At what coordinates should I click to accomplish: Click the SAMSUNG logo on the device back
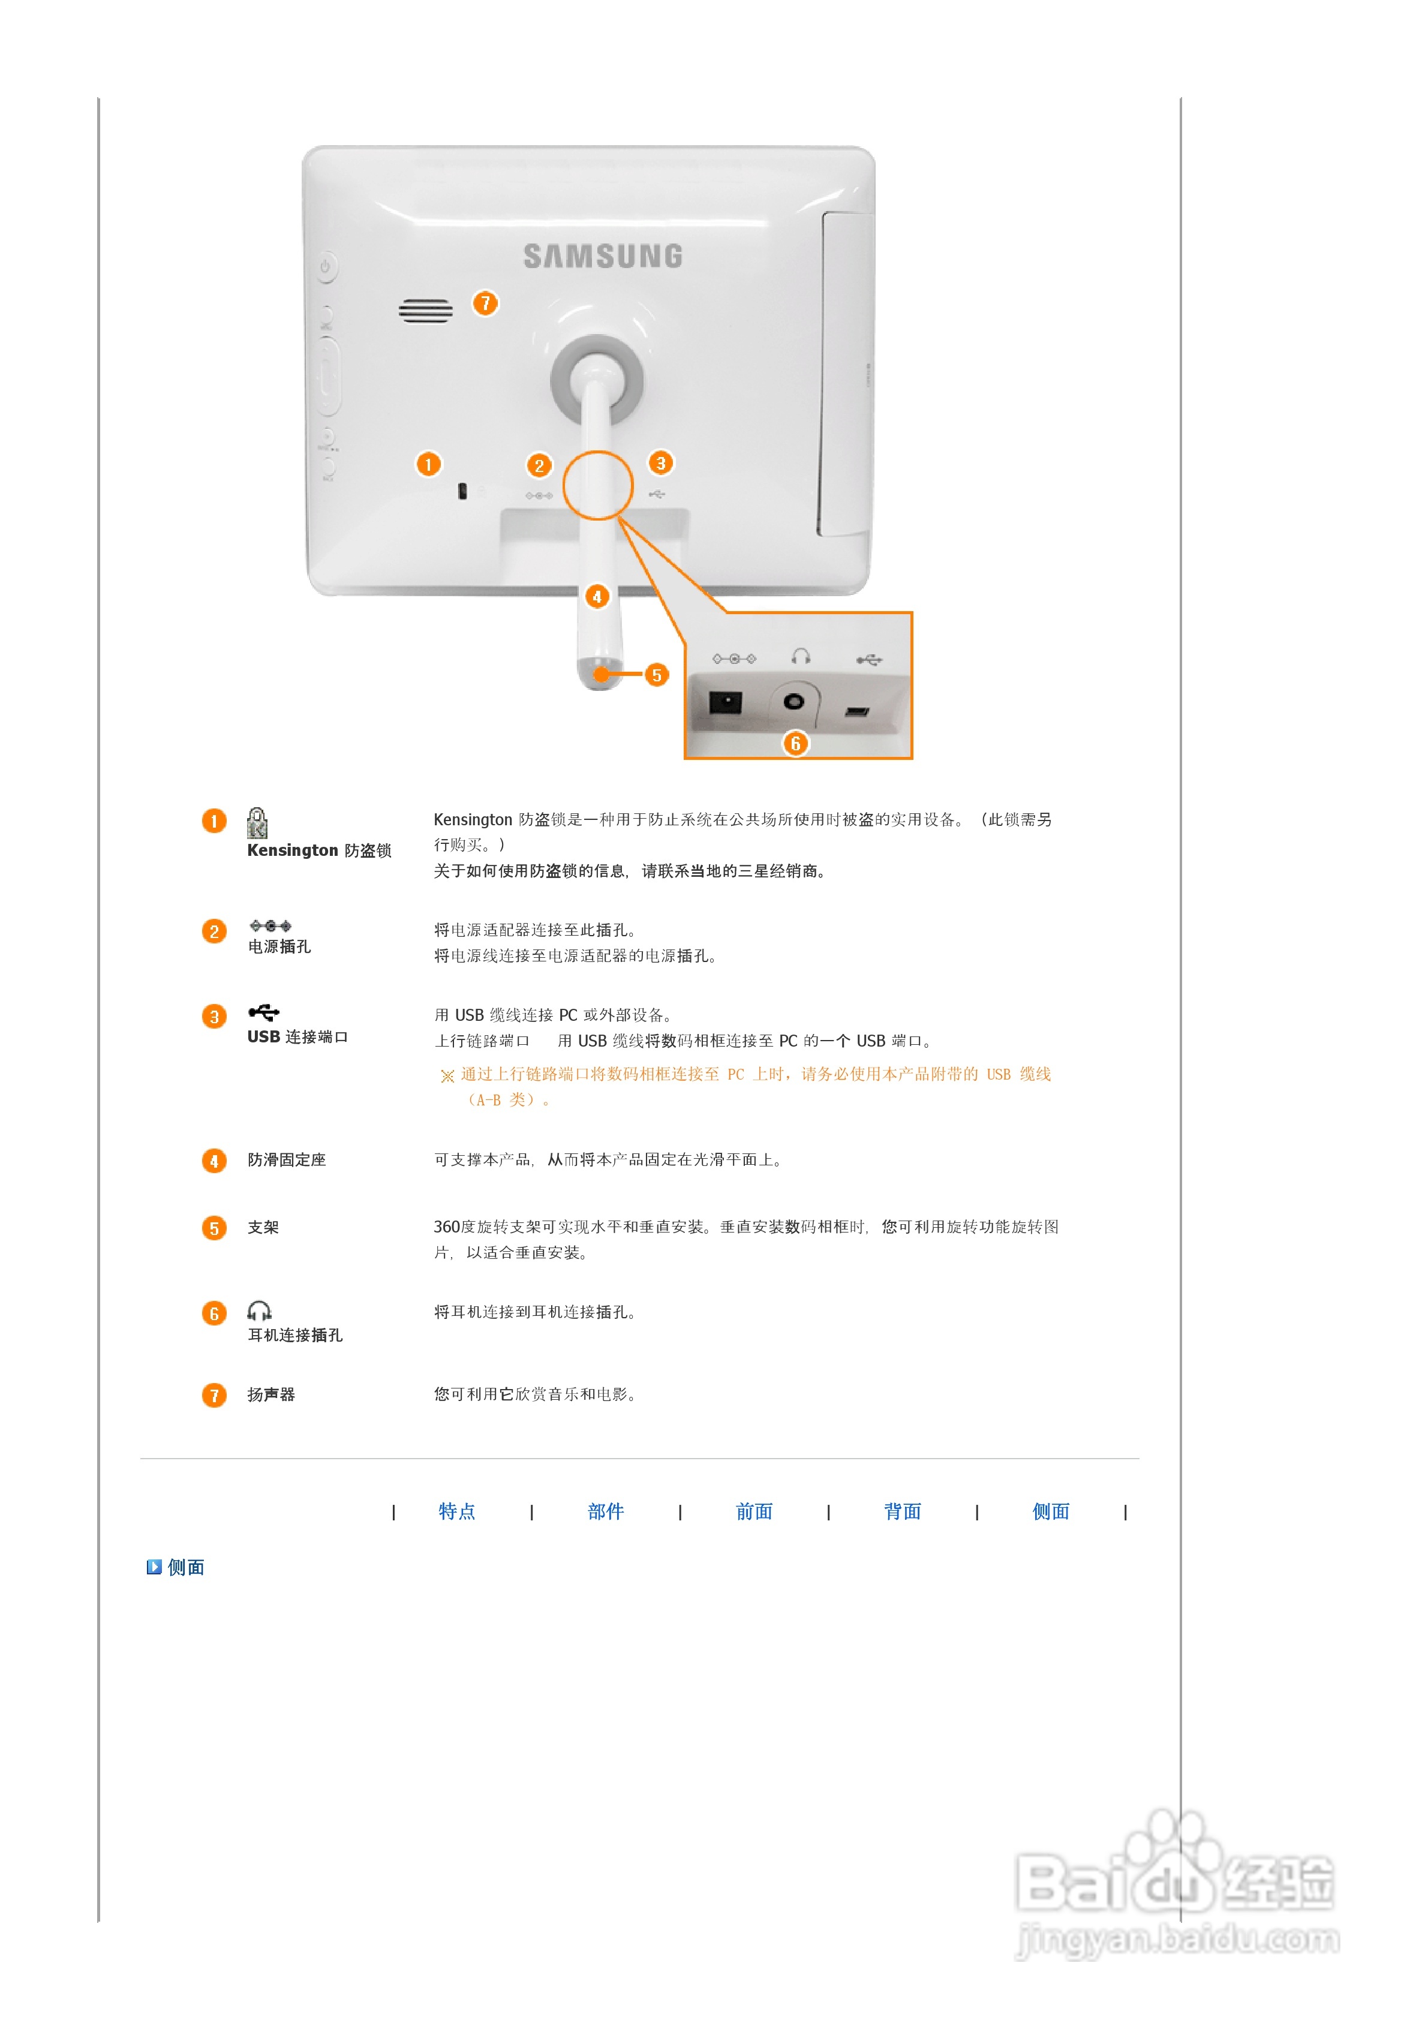(603, 256)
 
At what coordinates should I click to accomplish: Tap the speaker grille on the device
(426, 311)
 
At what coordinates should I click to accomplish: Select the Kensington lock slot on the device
(462, 491)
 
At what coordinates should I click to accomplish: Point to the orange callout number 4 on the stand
(597, 597)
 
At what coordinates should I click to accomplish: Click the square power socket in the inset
(725, 702)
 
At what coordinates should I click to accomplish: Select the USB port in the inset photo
(857, 711)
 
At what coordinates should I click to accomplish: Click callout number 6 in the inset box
(795, 744)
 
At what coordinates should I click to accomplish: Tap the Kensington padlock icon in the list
(257, 823)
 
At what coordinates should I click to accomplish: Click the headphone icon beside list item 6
(258, 1311)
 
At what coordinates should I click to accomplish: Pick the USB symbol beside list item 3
(263, 1012)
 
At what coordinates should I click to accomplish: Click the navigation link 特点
(456, 1511)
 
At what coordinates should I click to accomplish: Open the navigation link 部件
(605, 1511)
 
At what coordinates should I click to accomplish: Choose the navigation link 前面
(754, 1511)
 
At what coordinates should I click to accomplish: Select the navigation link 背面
(902, 1511)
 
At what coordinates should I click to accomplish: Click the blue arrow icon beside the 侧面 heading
(154, 1567)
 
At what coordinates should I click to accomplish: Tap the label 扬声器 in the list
(271, 1394)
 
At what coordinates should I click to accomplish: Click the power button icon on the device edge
(326, 266)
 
